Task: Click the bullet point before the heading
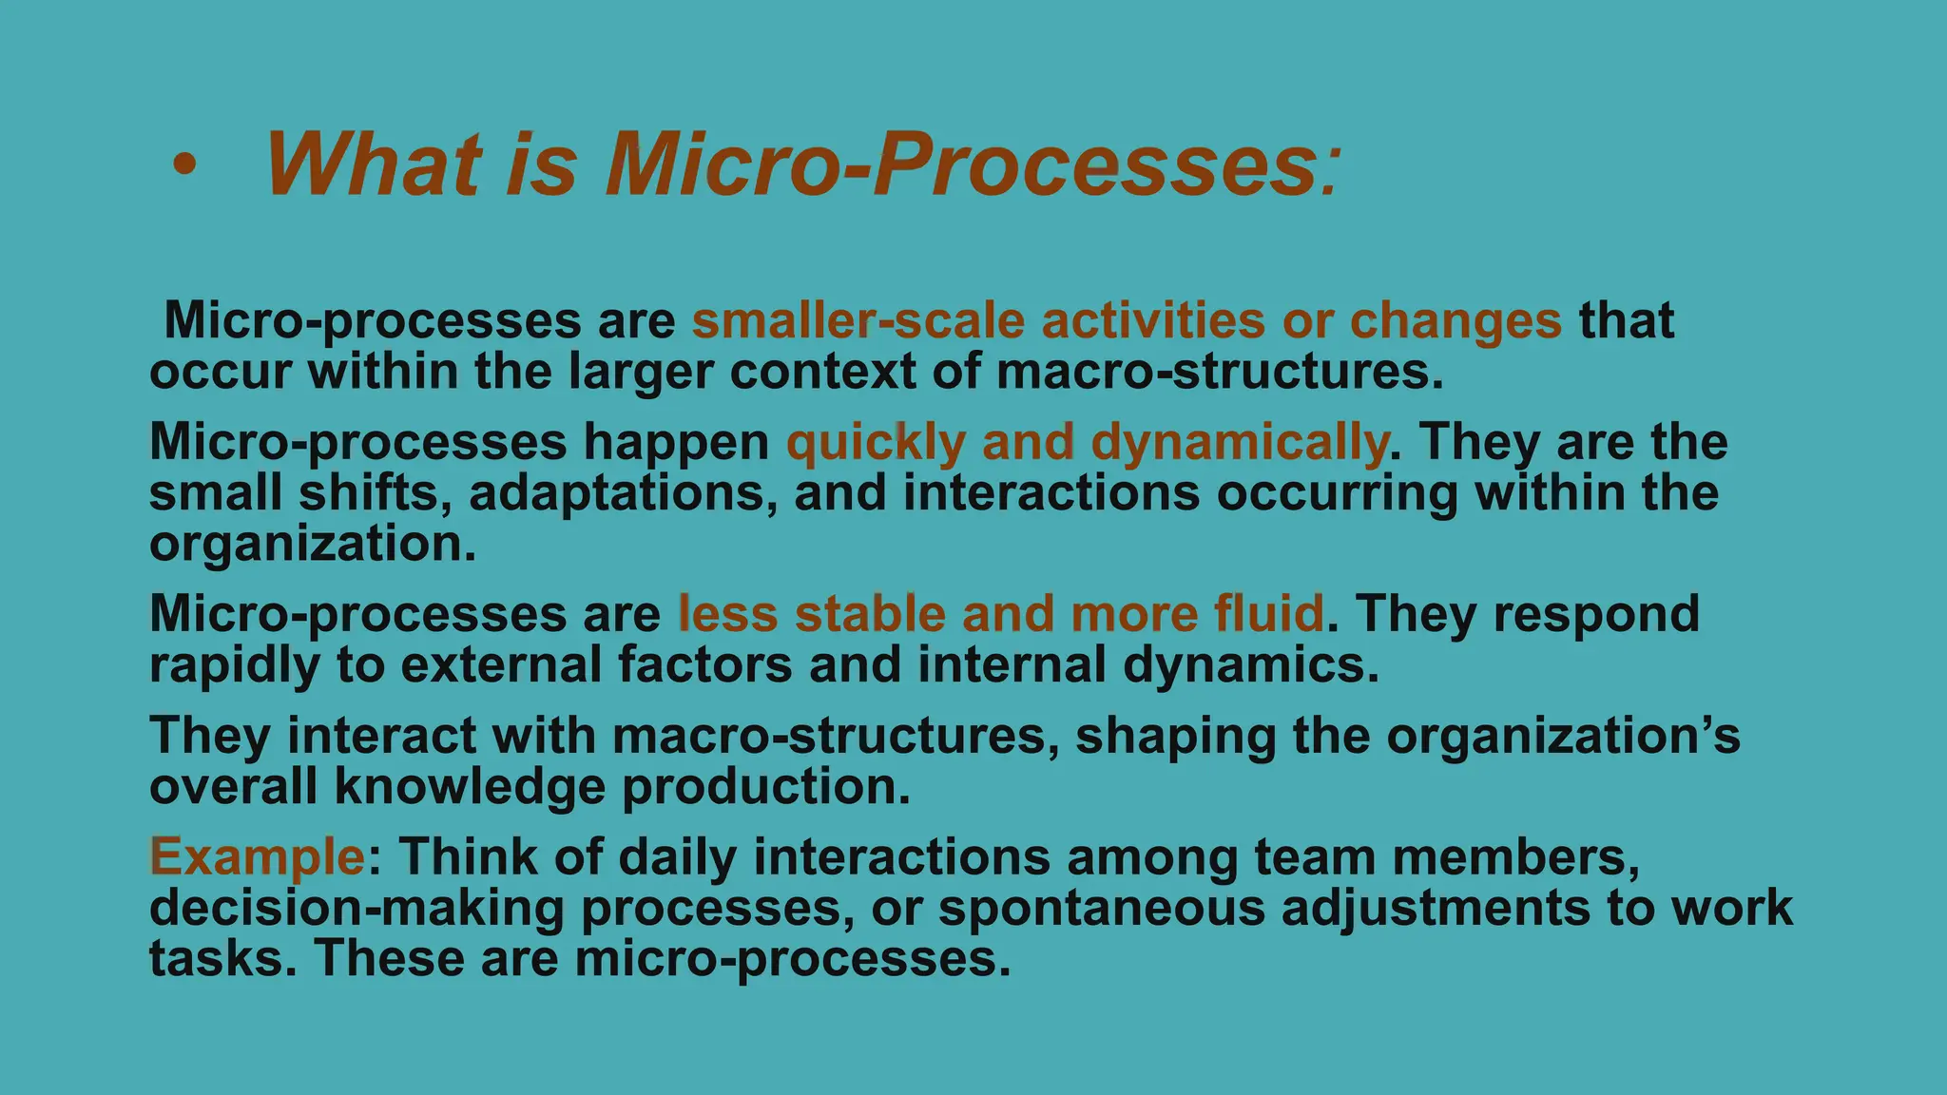click(184, 167)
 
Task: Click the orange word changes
click(1455, 321)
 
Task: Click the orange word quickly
click(876, 443)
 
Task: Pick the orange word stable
click(869, 614)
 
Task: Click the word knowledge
click(470, 787)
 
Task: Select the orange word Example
click(257, 856)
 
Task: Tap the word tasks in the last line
click(216, 958)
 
